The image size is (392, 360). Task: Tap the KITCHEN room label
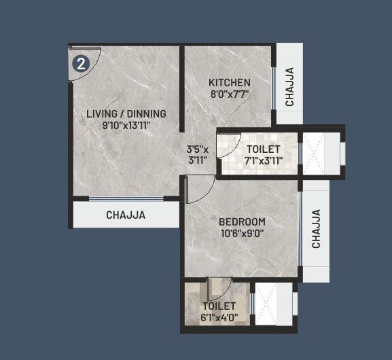point(229,82)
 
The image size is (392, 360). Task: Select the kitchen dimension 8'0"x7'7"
point(229,94)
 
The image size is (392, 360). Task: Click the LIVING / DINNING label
point(126,113)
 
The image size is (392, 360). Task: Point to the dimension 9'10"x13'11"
point(126,125)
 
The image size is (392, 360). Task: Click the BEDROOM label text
point(242,222)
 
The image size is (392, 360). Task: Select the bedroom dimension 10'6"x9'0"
point(242,234)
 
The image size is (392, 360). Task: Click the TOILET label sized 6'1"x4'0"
point(217,306)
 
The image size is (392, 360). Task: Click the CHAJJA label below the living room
point(126,215)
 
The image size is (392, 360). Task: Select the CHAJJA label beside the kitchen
point(289,86)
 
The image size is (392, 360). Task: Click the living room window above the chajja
point(126,199)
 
